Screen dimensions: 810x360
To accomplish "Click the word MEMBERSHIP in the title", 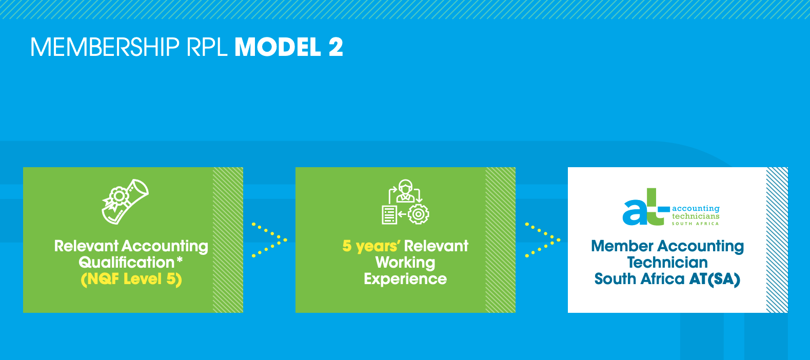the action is coord(105,47).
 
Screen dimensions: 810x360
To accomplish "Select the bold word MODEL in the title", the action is coord(278,47).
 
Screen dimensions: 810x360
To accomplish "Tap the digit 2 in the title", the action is coord(336,47).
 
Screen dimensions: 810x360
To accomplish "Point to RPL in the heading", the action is coord(207,47).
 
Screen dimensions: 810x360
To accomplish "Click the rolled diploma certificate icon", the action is coord(125,202).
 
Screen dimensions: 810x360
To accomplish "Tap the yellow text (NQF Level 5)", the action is coord(131,279).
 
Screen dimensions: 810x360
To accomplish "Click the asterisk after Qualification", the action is coord(180,259).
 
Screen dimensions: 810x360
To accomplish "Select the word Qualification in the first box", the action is coord(127,263).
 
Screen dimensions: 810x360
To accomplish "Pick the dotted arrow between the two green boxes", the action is coord(269,240).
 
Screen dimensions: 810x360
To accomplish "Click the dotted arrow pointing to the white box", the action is coord(543,240).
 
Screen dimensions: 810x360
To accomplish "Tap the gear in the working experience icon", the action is coord(419,214).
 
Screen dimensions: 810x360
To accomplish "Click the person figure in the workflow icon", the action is coord(405,191).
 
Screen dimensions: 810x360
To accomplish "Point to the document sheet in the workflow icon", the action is coord(389,215).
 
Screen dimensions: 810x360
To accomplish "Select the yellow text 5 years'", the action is coord(371,246).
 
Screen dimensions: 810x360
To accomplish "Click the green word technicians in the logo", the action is coord(696,216).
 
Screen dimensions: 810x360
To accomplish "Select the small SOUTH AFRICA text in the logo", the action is coord(696,224).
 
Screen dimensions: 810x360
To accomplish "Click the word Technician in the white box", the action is coord(667,263).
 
